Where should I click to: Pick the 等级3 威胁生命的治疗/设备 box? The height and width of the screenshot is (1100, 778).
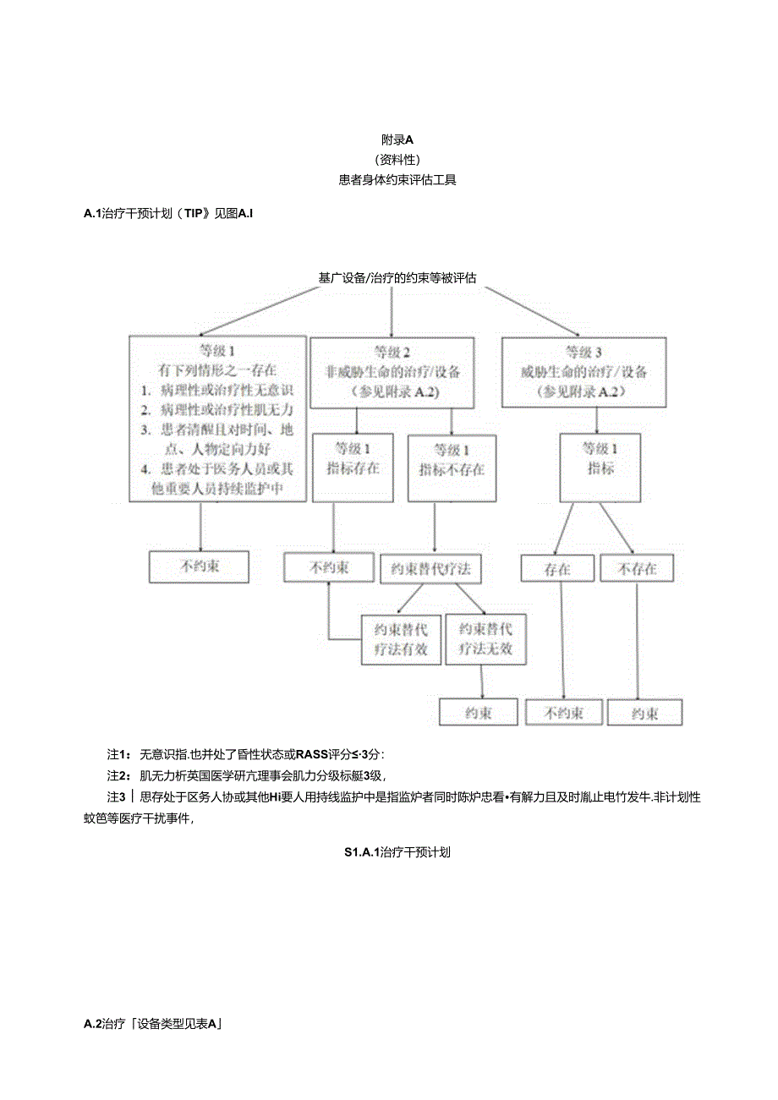[x=583, y=372]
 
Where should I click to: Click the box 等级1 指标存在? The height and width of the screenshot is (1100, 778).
[x=352, y=468]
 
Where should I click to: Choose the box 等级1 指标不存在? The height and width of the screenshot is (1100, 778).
[x=452, y=468]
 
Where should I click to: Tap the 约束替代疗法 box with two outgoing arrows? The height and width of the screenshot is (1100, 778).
[x=431, y=569]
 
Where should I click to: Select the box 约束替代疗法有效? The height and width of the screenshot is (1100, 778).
[x=401, y=639]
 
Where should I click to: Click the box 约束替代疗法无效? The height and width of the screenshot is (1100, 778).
[x=485, y=639]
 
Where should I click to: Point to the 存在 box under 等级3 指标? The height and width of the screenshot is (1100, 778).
[x=557, y=569]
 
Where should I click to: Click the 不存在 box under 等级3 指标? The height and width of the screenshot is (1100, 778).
[x=638, y=569]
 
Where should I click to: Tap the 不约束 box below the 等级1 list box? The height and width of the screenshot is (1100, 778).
[x=200, y=566]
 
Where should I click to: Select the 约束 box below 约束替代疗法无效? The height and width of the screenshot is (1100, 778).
[x=479, y=713]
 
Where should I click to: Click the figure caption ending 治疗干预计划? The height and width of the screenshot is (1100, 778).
[x=397, y=852]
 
